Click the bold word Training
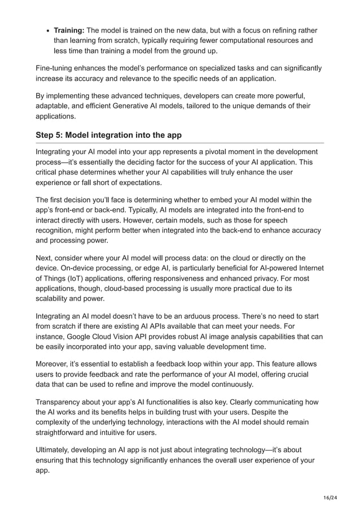[69, 30]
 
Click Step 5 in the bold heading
[52, 135]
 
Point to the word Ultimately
[57, 450]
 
